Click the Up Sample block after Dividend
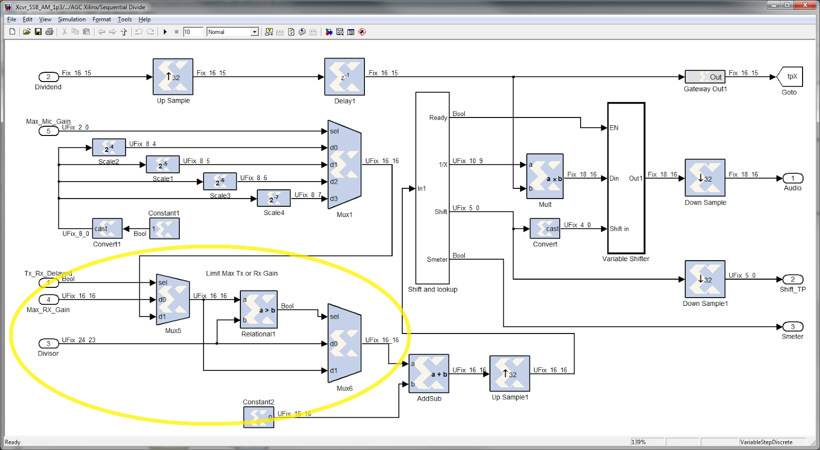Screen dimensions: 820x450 (x=173, y=76)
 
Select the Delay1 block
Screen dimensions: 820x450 (x=344, y=76)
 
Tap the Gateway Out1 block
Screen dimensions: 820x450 (x=705, y=77)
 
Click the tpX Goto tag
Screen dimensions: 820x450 (x=790, y=76)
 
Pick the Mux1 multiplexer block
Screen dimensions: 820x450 (x=344, y=165)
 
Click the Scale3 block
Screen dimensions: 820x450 (x=220, y=182)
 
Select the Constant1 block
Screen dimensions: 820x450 (x=165, y=229)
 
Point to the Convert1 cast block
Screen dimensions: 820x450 (x=107, y=229)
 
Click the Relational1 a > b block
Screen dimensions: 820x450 (x=258, y=309)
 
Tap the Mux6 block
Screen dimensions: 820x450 (x=344, y=343)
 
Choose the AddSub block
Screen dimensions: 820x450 (x=428, y=374)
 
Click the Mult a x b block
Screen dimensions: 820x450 (x=545, y=177)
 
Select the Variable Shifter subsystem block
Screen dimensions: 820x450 (x=626, y=178)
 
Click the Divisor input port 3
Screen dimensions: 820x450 (x=48, y=343)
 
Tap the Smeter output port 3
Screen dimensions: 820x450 (x=792, y=326)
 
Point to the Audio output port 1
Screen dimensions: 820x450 (x=792, y=179)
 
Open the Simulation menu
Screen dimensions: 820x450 (x=72, y=19)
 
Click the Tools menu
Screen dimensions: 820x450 (x=125, y=19)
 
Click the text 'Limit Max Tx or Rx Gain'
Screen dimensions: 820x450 (x=241, y=273)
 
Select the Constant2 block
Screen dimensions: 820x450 (x=258, y=417)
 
